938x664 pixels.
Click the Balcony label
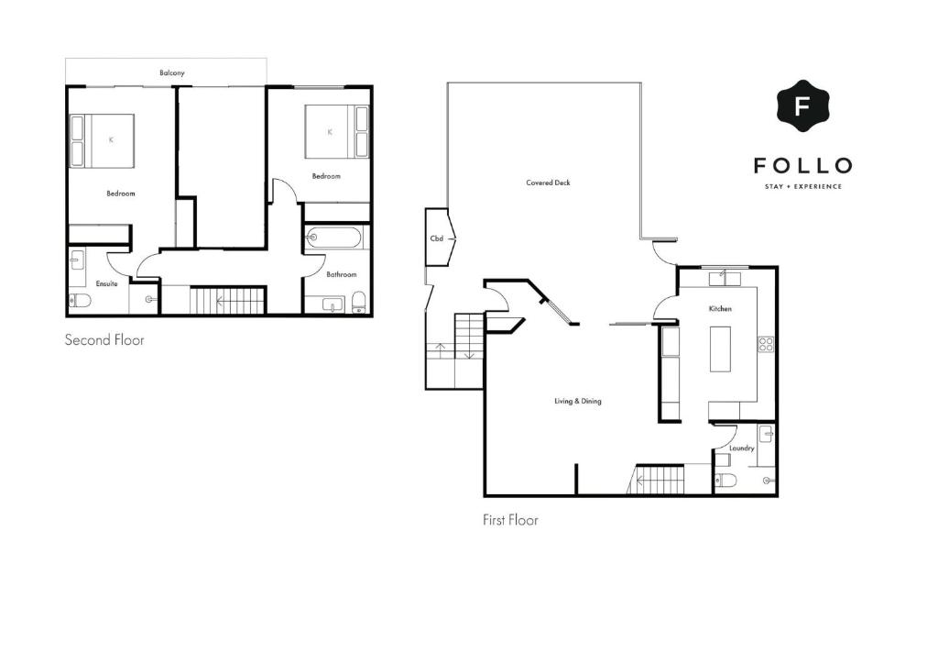coord(171,73)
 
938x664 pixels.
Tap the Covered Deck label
coord(548,183)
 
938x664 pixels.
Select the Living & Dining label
coord(577,401)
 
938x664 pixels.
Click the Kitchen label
coord(720,309)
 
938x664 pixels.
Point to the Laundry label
coord(741,448)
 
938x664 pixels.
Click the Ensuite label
coord(106,283)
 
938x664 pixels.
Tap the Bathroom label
coord(341,274)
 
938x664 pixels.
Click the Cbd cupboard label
coord(437,238)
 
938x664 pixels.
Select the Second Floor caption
coord(104,340)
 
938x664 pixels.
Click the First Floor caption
coord(510,520)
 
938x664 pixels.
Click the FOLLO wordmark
coord(802,165)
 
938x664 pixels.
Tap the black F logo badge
coord(802,106)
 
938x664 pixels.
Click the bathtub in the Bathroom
coord(333,238)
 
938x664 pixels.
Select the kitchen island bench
coord(721,349)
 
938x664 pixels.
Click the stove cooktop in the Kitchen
coord(766,344)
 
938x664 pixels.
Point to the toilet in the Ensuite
coord(80,300)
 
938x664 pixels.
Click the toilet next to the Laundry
coord(726,481)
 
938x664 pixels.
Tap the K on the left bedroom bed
coord(111,139)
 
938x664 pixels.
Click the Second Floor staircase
coord(227,301)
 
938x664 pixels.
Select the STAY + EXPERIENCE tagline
coord(802,187)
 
